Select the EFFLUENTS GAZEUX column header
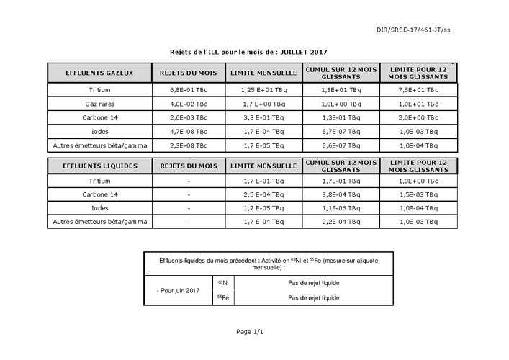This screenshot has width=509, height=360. [x=99, y=73]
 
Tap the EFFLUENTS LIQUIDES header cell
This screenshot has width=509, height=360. [x=99, y=166]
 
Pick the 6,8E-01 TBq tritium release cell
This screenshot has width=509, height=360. [x=189, y=91]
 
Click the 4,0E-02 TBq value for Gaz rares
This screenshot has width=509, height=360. [x=189, y=104]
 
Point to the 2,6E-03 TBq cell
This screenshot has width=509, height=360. [x=189, y=118]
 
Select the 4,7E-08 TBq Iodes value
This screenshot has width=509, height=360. [x=189, y=132]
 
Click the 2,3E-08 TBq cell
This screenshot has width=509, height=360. [x=189, y=145]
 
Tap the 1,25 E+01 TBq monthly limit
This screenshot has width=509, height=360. [x=263, y=91]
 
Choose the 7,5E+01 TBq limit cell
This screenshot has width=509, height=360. [x=418, y=91]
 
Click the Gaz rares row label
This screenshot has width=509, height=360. [x=99, y=104]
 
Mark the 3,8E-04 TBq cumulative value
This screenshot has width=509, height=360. [x=340, y=194]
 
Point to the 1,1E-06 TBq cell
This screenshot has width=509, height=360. [x=340, y=208]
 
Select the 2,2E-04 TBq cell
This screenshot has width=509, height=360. [x=340, y=222]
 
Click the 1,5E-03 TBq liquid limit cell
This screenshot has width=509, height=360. [x=418, y=194]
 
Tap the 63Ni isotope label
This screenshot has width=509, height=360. [x=223, y=282]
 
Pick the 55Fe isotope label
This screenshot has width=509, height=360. [x=223, y=297]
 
